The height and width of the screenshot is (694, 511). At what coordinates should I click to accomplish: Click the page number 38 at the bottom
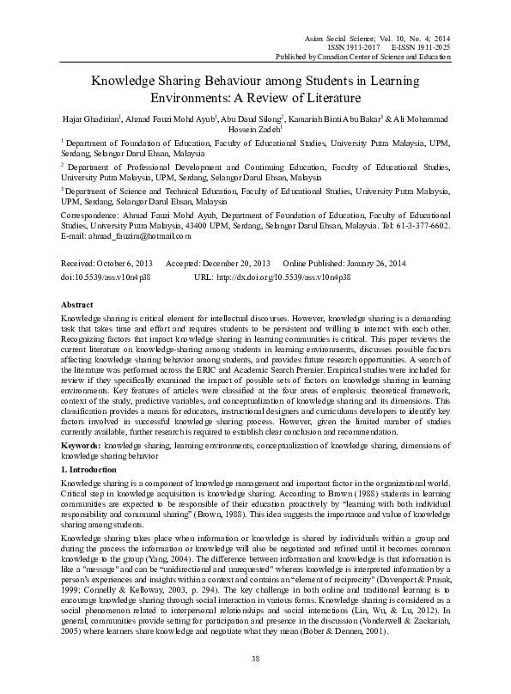click(255, 659)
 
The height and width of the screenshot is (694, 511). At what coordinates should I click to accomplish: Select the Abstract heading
click(77, 305)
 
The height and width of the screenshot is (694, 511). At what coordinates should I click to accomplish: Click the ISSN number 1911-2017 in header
click(361, 46)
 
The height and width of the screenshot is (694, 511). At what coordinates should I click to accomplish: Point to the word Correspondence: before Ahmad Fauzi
click(92, 216)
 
